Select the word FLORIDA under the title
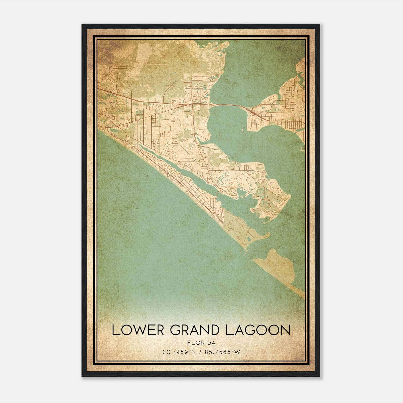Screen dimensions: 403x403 (201, 343)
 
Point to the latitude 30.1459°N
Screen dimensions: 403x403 (179, 352)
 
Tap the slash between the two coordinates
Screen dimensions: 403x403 (201, 352)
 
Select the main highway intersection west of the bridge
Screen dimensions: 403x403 (193, 104)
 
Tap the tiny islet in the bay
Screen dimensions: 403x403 (242, 130)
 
